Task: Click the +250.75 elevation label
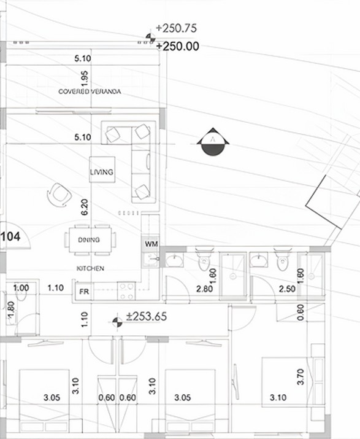[176, 28]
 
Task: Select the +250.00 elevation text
[177, 46]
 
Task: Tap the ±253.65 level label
[146, 317]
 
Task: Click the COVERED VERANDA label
[90, 91]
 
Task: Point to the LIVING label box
[102, 172]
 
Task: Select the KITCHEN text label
[90, 269]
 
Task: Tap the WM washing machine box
[151, 244]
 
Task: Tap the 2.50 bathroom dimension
[269, 289]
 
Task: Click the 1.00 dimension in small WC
[21, 287]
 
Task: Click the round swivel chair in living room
[59, 194]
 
